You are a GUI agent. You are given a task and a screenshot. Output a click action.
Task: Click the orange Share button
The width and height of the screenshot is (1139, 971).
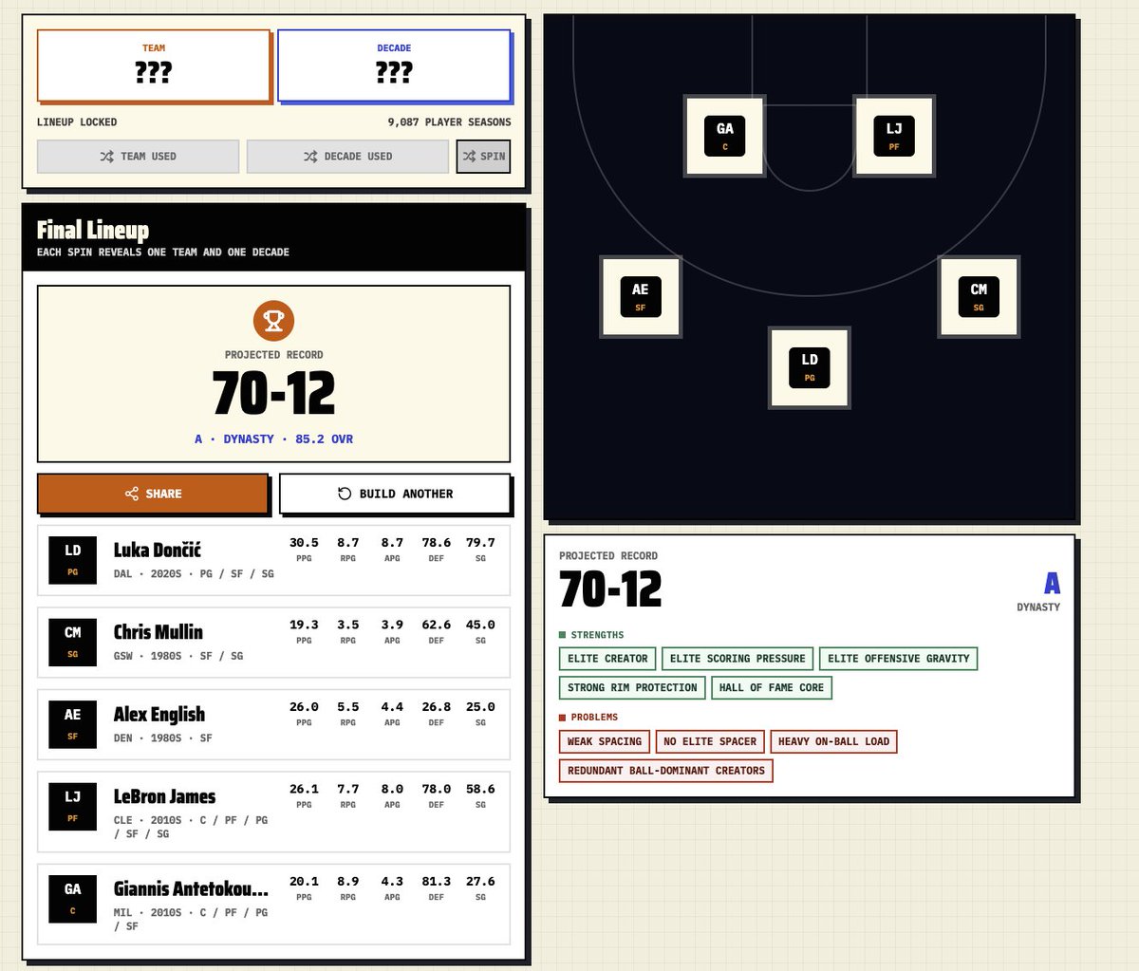(x=153, y=494)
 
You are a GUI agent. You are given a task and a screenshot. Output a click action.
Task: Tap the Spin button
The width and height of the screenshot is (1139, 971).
(x=483, y=157)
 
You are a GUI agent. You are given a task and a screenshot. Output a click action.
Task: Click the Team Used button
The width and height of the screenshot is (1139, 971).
(x=139, y=157)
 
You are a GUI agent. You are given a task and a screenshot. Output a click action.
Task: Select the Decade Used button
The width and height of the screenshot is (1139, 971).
(x=347, y=157)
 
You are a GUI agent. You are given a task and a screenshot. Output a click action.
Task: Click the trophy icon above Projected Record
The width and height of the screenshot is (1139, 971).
(x=273, y=321)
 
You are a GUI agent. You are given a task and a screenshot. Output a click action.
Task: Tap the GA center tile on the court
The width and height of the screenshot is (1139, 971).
(x=724, y=136)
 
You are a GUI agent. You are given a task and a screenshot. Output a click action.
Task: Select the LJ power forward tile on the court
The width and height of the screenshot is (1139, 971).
(x=894, y=136)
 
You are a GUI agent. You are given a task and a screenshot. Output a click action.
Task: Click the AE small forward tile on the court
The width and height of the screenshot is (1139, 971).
(x=641, y=296)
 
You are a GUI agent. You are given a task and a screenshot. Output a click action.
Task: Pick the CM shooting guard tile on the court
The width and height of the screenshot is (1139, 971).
(x=979, y=296)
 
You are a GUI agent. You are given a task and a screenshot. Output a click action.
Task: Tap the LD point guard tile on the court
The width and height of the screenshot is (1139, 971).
(x=809, y=367)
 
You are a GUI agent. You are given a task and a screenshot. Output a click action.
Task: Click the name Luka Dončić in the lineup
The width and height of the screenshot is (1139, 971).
(x=157, y=550)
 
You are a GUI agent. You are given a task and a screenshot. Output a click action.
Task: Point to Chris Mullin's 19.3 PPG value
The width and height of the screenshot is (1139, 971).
(x=304, y=625)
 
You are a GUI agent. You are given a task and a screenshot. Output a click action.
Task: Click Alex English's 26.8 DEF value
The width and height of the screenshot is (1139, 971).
(x=436, y=706)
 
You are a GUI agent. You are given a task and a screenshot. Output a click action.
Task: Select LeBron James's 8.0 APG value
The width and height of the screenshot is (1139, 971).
(x=392, y=789)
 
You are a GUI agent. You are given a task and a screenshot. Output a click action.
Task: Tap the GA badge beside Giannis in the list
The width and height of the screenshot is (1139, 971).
(x=73, y=899)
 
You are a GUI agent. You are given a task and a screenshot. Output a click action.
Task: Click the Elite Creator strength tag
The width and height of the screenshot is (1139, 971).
(x=607, y=659)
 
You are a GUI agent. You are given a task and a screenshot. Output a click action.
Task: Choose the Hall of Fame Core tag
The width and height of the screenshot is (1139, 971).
(x=771, y=688)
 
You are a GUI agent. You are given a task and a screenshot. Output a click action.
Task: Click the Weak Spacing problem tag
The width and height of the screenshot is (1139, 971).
(x=604, y=741)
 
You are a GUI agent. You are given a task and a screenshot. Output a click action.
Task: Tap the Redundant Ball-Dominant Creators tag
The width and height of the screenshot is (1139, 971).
(x=665, y=771)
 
